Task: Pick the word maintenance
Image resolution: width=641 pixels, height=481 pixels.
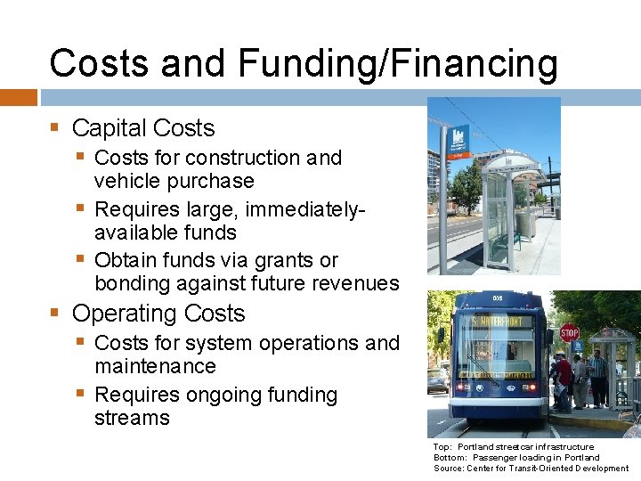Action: [x=155, y=366]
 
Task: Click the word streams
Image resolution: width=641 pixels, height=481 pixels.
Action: [x=132, y=418]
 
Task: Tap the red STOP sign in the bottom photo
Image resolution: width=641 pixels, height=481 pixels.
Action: [x=570, y=333]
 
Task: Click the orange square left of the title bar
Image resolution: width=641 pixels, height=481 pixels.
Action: [x=18, y=97]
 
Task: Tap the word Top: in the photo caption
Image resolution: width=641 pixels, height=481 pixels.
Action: [x=442, y=446]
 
